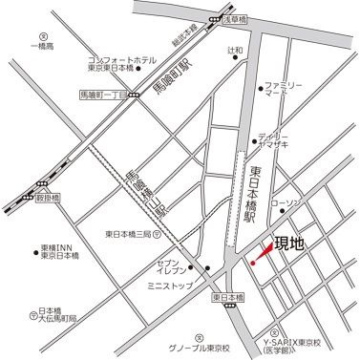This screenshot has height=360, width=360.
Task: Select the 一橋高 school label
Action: (43, 47)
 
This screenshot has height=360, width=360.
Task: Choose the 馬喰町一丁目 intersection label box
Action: (102, 94)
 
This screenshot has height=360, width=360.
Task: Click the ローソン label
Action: (286, 204)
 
